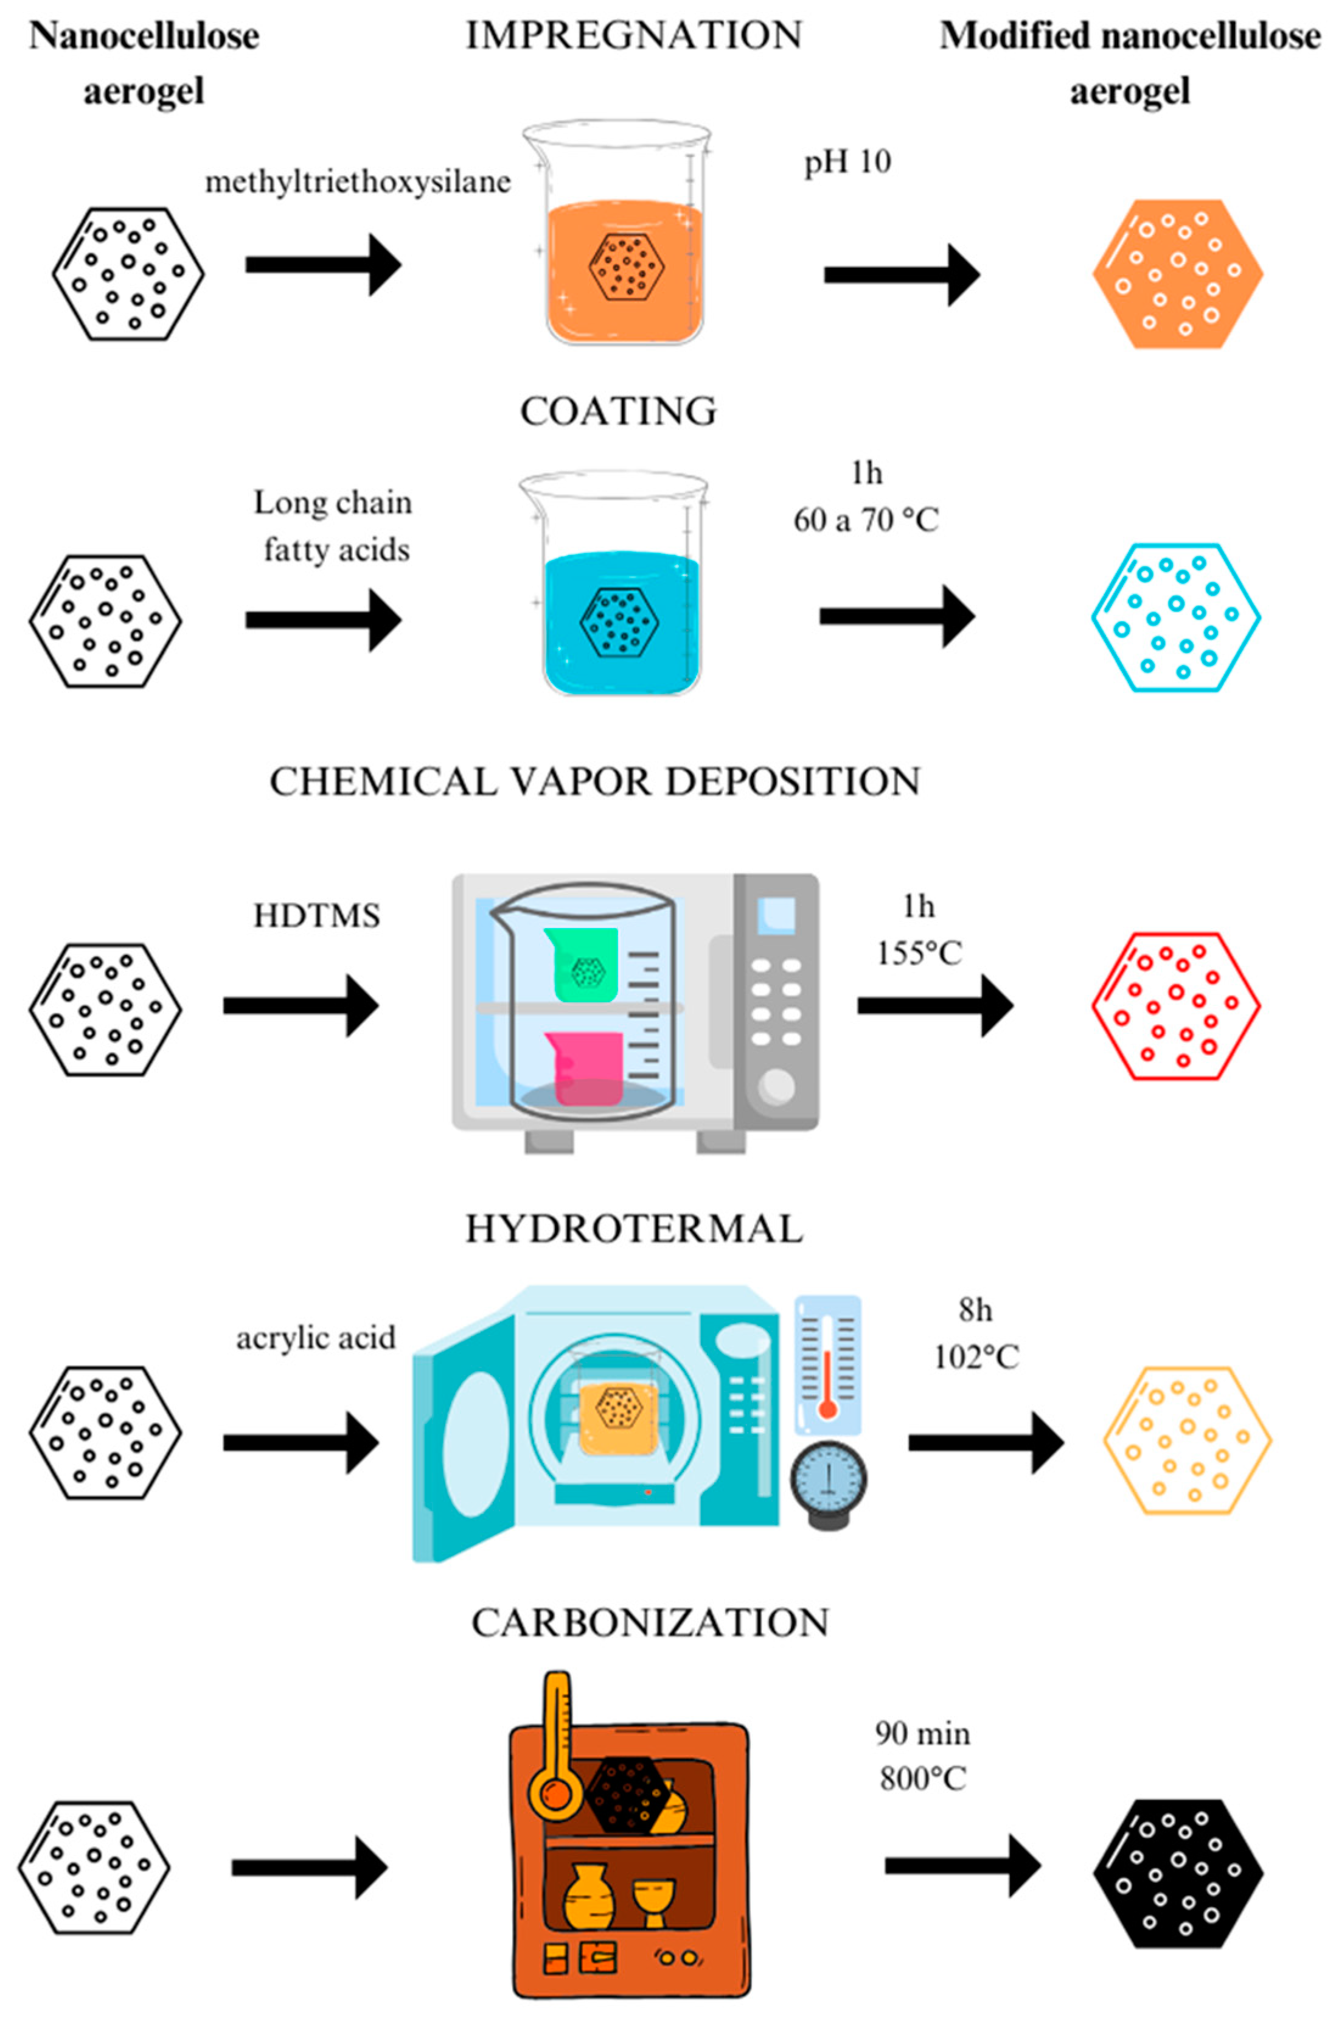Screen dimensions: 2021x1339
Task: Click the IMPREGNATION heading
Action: pos(634,36)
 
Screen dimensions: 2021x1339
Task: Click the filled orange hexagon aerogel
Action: pos(1178,274)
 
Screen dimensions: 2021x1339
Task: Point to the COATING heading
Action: pos(618,412)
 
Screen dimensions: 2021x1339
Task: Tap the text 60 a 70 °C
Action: pos(866,519)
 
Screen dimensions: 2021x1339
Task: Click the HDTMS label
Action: pos(316,916)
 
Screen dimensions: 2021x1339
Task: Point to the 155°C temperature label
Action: pos(920,952)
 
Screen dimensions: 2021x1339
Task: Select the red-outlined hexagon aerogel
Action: pos(1176,1006)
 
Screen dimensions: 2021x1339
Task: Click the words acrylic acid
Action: pos(316,1338)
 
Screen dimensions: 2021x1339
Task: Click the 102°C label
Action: pos(976,1356)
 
